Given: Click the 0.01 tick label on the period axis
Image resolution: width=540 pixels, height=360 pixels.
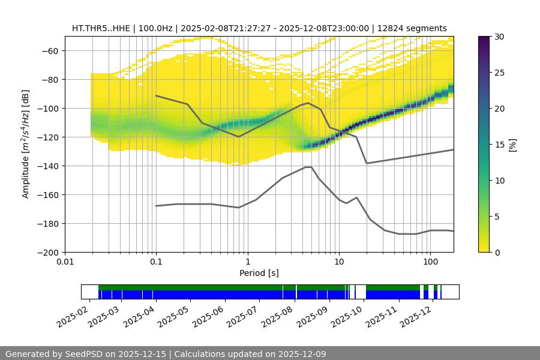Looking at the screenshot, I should coord(65,262).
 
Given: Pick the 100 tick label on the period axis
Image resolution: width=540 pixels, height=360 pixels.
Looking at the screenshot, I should coord(430,262).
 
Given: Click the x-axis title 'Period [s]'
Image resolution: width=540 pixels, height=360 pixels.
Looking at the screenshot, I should coord(259,273).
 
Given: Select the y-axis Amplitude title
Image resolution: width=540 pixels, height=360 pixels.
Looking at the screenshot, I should coord(26,144).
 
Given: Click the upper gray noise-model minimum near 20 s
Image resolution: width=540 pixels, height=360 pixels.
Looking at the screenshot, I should coord(367,163).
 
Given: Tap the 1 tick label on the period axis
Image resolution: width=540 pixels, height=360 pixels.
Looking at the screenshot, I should coord(247,262).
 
